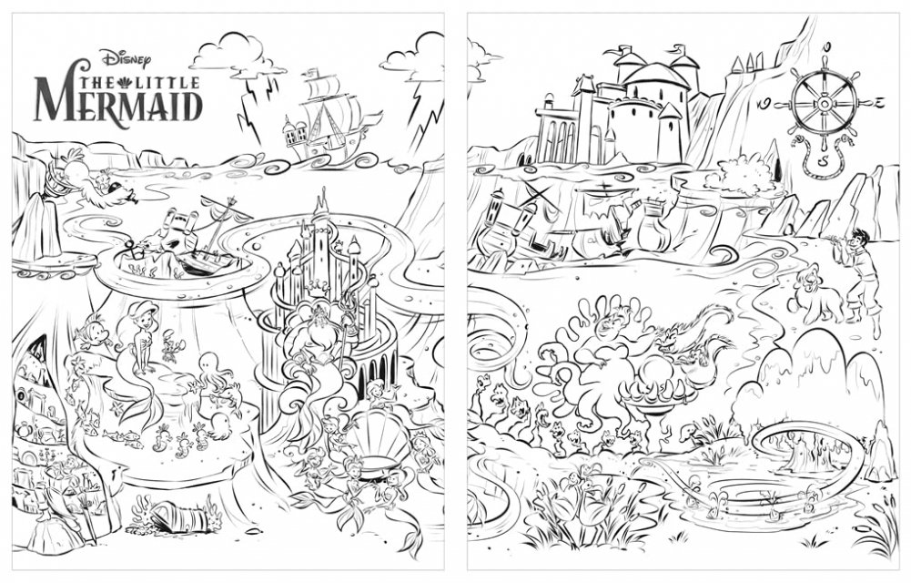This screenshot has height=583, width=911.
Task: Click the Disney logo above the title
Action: (126, 57)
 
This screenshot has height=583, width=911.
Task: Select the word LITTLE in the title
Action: (167, 83)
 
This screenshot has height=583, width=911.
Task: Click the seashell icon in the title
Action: (127, 82)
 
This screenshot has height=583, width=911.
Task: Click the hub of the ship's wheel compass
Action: (824, 104)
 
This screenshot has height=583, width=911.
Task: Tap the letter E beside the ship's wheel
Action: (879, 103)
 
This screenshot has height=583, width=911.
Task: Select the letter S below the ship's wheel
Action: (824, 159)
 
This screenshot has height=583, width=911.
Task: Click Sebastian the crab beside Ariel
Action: (171, 344)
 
